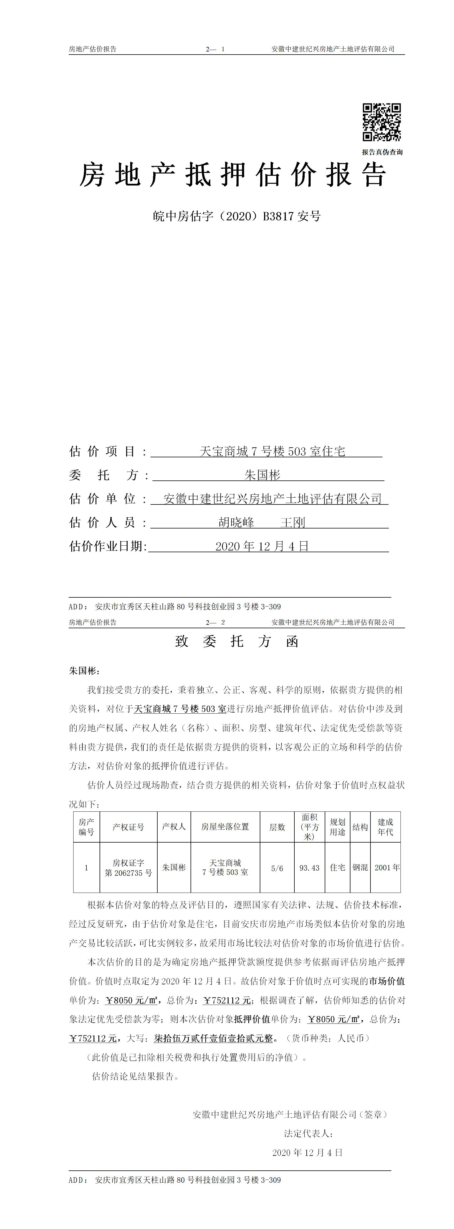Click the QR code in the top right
[x=381, y=122]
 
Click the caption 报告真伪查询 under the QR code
[x=382, y=152]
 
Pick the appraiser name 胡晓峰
[x=236, y=522]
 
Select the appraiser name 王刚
[x=293, y=522]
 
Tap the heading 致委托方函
[x=237, y=642]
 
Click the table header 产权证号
[x=128, y=827]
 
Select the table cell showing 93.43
[x=309, y=868]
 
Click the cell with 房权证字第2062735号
[x=128, y=868]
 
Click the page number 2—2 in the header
[x=215, y=622]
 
